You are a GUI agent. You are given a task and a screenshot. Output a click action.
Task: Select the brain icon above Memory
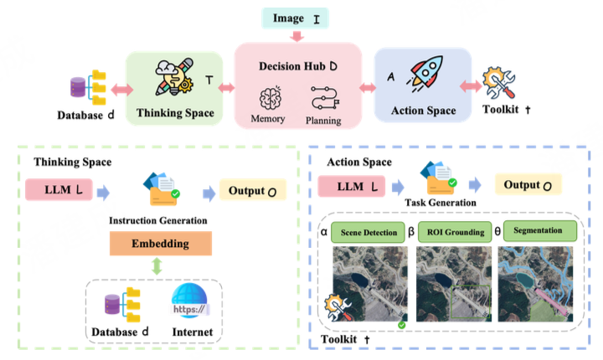[271, 99]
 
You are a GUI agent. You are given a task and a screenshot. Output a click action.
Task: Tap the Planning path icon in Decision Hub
[323, 99]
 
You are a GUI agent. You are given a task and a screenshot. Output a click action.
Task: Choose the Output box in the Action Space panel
[528, 184]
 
